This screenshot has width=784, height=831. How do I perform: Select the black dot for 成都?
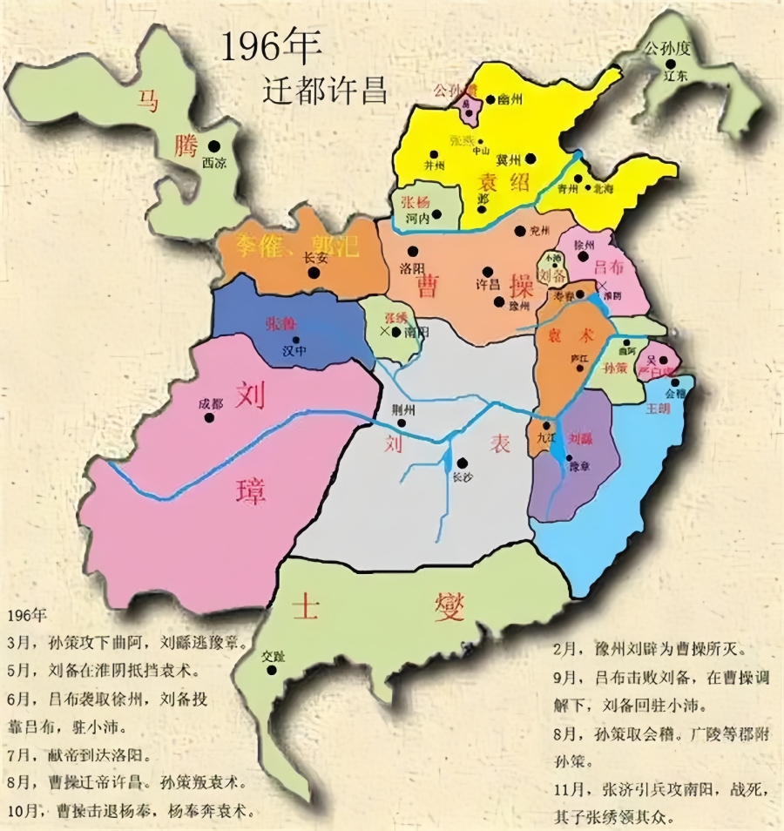[209, 417]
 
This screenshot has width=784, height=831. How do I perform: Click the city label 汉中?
[294, 355]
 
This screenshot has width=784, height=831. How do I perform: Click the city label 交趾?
[273, 656]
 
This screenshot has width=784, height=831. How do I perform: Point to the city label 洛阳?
[410, 267]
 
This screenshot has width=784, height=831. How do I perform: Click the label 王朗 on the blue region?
[658, 409]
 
